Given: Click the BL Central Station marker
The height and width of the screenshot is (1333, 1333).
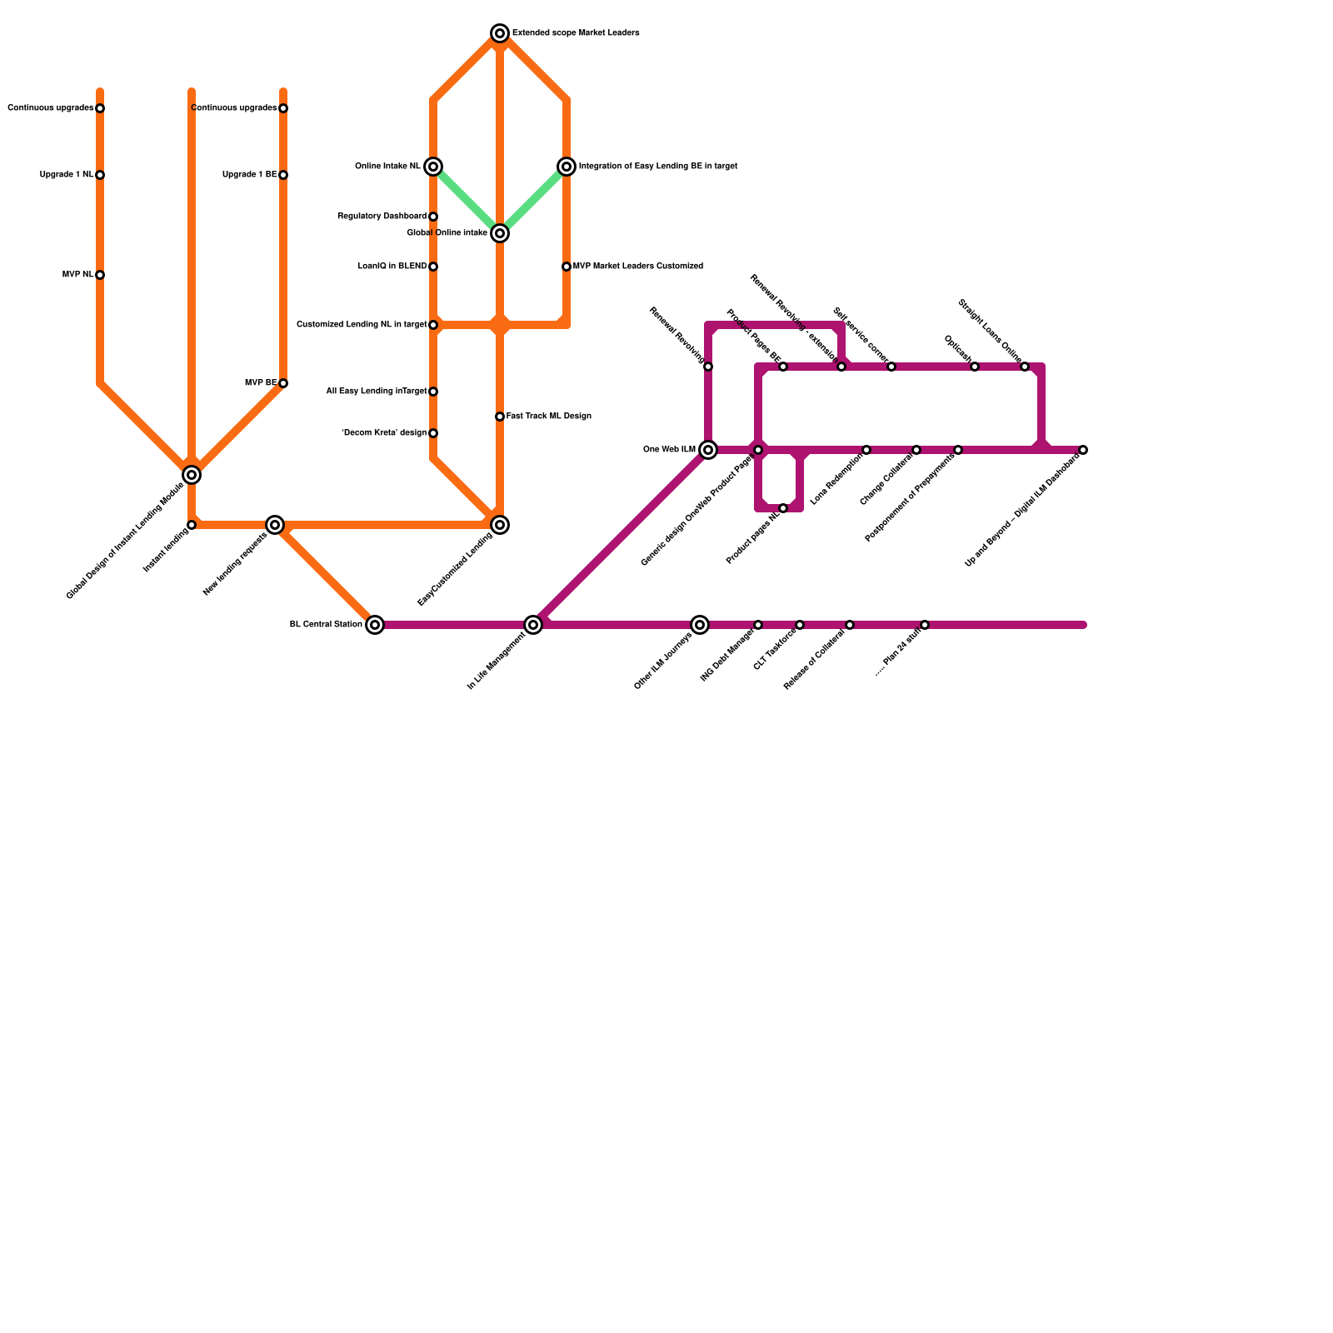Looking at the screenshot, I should [x=375, y=625].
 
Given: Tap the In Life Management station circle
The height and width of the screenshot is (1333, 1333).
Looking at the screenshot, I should [x=533, y=625].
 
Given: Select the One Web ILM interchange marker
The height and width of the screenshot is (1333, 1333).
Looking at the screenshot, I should [x=708, y=450].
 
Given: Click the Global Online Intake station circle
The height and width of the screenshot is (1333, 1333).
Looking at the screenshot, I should [x=500, y=233].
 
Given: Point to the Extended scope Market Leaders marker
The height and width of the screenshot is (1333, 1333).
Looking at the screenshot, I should [x=500, y=33].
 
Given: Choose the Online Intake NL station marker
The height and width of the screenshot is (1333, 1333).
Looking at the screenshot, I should [x=433, y=167].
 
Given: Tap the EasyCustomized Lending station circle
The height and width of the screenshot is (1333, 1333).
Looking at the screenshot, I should [x=500, y=525].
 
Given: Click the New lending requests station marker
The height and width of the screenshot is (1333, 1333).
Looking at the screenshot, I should [x=275, y=525].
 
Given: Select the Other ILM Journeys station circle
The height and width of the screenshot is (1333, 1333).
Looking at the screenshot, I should [x=700, y=625].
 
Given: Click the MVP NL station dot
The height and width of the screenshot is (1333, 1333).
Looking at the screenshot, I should [x=100, y=275].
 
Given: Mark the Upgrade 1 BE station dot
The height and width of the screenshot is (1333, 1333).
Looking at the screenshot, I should [x=283, y=175].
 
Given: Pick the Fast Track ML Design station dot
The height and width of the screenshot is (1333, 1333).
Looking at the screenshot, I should [x=500, y=417].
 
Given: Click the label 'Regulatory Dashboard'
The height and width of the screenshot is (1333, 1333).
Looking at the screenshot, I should [x=382, y=217].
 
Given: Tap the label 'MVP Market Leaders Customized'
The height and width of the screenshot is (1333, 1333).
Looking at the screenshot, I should [x=638, y=267].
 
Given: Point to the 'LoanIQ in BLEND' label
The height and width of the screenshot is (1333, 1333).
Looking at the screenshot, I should [x=392, y=267].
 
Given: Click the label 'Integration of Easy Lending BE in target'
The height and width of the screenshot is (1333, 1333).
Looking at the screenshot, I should [x=657, y=167].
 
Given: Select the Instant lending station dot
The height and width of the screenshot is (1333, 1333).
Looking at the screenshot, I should [x=192, y=525].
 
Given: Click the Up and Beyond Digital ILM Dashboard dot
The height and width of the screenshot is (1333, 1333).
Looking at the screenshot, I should [x=1083, y=450].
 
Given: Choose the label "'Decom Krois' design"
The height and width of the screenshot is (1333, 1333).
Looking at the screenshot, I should [x=384, y=433].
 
